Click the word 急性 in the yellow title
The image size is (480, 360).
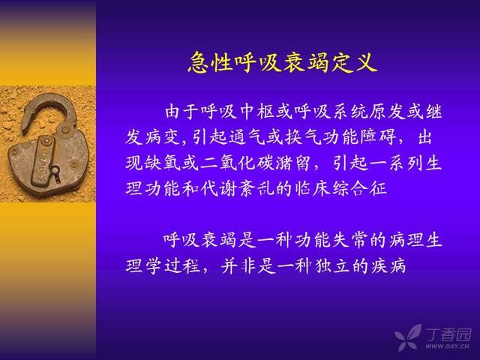[209, 62]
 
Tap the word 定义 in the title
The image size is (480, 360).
[352, 62]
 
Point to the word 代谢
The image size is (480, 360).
[218, 188]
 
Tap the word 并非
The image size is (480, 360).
[238, 265]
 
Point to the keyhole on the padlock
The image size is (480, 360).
[55, 172]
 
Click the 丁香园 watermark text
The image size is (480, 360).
[448, 335]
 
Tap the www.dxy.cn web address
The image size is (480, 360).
[447, 346]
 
